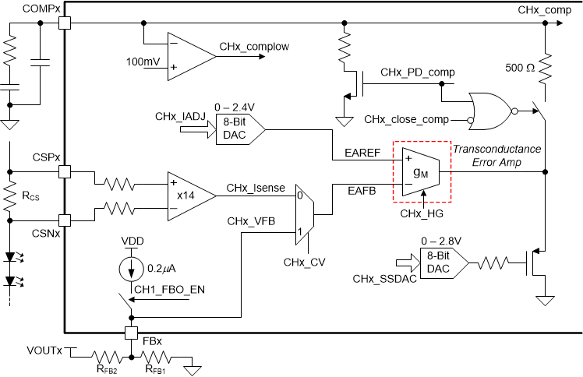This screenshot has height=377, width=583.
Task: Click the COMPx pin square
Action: point(63,23)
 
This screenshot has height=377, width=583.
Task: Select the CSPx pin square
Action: point(63,171)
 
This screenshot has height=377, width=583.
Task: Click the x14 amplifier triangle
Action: point(189,191)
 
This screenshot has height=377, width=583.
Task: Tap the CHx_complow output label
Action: point(254,47)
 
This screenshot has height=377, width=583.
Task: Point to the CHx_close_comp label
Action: point(407,119)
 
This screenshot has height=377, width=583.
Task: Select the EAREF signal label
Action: point(363,154)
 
